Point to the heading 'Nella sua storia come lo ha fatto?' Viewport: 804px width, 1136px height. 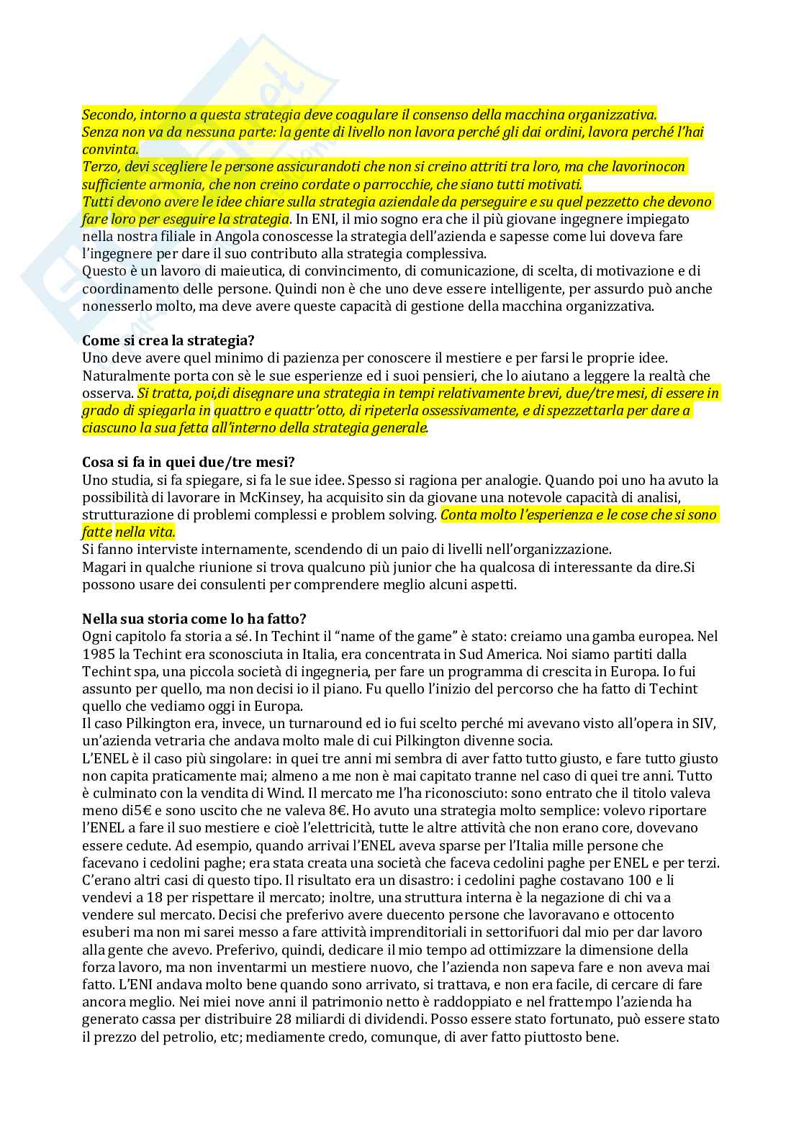(195, 619)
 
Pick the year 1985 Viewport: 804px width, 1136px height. (96, 654)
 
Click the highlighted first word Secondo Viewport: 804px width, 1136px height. (107, 114)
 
